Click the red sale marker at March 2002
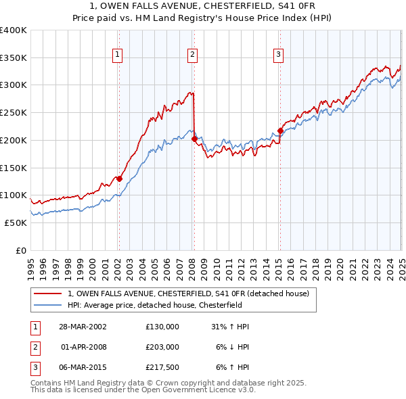119,179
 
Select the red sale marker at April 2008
194,139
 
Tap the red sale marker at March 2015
280,131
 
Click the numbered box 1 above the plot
118,55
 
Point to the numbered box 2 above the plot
193,55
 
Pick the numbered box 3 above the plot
279,55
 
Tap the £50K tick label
16,222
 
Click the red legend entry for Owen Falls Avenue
188,294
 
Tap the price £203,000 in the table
162,347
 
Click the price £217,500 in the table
162,367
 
